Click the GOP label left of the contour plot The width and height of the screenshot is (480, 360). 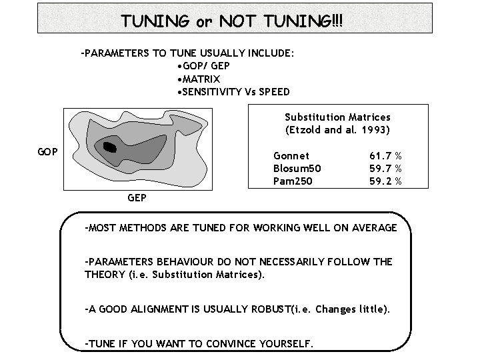click(48, 151)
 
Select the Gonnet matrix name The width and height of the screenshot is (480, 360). click(291, 155)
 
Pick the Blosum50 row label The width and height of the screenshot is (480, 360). click(297, 168)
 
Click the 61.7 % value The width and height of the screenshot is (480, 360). click(385, 155)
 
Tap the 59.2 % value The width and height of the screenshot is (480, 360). click(385, 181)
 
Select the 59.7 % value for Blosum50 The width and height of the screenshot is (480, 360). click(385, 168)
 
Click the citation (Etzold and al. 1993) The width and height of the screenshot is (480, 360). click(337, 129)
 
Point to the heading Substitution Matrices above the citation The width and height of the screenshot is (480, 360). click(337, 117)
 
